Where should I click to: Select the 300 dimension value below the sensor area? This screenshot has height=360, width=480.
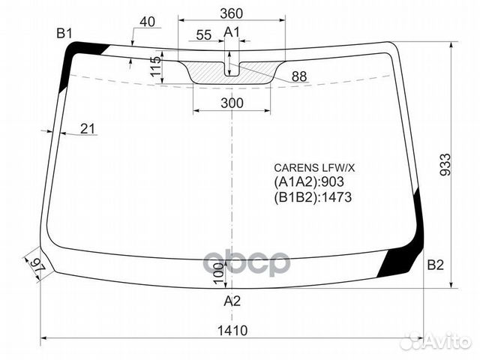coord(232,103)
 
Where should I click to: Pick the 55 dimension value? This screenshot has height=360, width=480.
coord(202,35)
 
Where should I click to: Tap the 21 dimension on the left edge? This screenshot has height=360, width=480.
coord(88,130)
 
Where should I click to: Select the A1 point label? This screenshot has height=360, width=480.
coord(232,31)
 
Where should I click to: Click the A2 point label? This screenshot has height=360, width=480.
coord(232,302)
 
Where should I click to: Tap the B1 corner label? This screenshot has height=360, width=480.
coord(64,33)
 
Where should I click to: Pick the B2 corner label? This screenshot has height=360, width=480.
coord(436,265)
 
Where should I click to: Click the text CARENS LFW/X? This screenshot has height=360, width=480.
coord(313,167)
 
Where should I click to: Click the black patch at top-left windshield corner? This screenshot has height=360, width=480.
coord(80,54)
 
